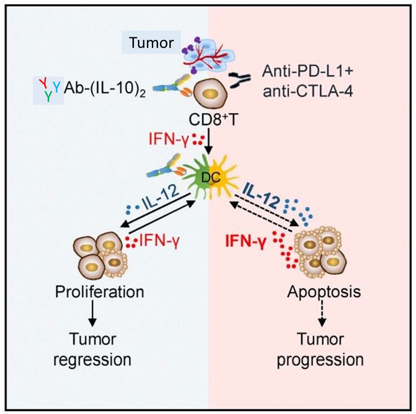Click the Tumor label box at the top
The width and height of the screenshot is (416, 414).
tap(151, 43)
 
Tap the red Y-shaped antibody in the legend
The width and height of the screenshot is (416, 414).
tap(44, 81)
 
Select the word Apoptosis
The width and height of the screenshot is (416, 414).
tap(323, 292)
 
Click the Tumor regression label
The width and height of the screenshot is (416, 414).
tap(100, 350)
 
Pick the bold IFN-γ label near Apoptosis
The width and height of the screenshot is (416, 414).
tap(246, 243)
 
